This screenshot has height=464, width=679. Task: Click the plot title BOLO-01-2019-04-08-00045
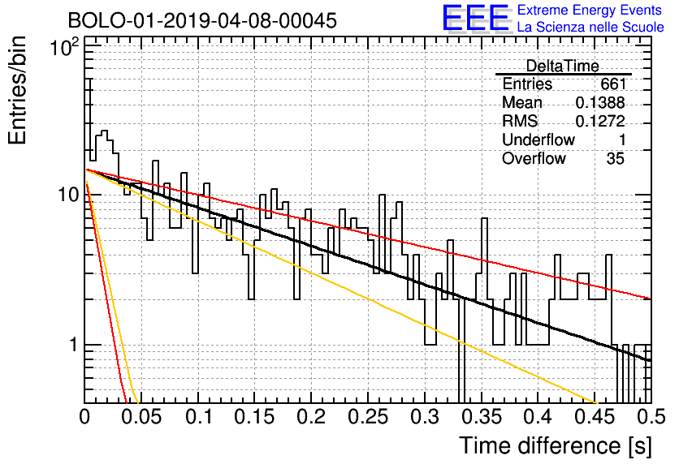click(x=202, y=20)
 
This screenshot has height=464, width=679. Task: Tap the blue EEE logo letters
click(x=475, y=18)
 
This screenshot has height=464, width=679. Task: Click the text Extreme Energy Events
click(x=590, y=10)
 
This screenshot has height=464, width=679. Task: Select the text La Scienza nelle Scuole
click(x=590, y=28)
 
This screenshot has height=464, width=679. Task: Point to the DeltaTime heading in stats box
click(x=563, y=66)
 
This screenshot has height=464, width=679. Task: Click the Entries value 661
click(x=613, y=84)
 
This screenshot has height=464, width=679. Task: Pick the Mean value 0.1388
click(x=600, y=102)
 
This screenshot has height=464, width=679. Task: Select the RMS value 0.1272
click(x=600, y=121)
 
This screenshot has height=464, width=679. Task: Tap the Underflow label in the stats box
click(x=538, y=140)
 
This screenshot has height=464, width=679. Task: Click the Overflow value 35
click(x=616, y=158)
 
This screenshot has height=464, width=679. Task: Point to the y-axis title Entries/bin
click(x=17, y=91)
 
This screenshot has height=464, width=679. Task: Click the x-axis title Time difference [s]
click(x=556, y=445)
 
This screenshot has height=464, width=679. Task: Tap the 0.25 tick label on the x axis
click(x=368, y=417)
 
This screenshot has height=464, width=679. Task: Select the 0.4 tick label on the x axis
click(x=538, y=417)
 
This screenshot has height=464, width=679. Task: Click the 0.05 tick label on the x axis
click(x=141, y=417)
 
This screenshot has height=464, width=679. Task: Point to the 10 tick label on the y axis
click(x=69, y=195)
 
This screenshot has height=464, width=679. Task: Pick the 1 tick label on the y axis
click(x=74, y=345)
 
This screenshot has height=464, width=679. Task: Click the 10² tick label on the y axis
click(x=65, y=47)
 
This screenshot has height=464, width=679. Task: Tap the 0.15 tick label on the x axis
click(x=255, y=417)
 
